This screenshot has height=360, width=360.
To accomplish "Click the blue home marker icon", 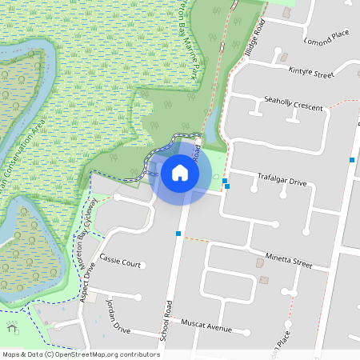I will click(x=180, y=171).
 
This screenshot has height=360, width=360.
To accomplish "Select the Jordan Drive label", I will click(x=116, y=317).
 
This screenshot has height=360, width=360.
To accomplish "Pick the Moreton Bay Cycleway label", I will click(x=90, y=220).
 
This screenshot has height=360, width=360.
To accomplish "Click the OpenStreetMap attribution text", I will click(x=80, y=354).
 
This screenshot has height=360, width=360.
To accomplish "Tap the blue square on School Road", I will click(x=178, y=234).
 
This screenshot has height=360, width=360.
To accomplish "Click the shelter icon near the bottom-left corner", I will click(x=12, y=327).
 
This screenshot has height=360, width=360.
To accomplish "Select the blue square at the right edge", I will click(x=352, y=160).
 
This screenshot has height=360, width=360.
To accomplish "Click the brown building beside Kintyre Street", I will click(x=283, y=58).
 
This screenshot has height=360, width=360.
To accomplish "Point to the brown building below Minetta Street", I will click(x=264, y=279).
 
